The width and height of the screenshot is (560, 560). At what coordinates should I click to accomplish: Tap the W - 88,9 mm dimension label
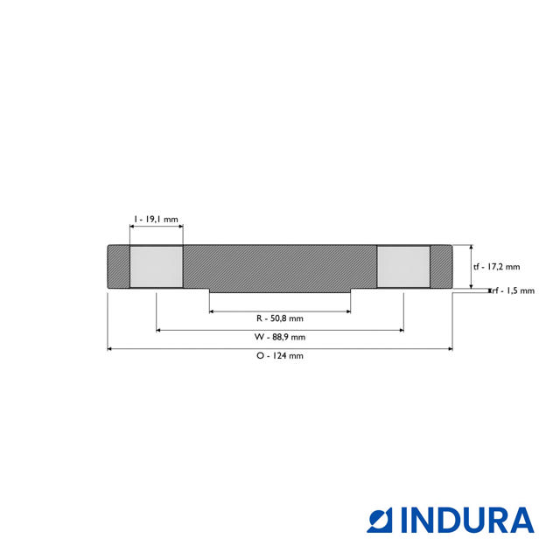point(279,337)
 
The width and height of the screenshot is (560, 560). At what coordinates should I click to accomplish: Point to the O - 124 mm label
point(279,356)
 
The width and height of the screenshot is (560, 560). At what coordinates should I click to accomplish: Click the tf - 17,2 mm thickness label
point(496,267)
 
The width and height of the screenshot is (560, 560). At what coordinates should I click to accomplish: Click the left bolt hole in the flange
point(157,267)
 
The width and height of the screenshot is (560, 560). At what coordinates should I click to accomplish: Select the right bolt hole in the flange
point(403,267)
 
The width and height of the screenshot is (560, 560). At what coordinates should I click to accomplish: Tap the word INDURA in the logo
point(467,520)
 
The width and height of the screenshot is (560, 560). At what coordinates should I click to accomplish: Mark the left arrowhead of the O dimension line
point(110,349)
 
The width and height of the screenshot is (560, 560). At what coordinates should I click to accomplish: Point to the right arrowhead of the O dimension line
point(450,349)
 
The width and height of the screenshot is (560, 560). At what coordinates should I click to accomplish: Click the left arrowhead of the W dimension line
point(159,330)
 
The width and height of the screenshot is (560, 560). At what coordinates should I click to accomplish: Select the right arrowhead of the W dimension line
point(401,330)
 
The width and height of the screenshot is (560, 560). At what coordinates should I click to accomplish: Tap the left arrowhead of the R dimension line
point(213,311)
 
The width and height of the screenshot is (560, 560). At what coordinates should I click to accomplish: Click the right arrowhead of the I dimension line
point(180,228)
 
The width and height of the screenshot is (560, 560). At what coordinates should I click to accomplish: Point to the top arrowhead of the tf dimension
point(472,248)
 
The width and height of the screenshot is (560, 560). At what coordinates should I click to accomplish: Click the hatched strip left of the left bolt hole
point(118,267)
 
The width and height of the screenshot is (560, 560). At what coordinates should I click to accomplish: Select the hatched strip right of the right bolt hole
point(441,267)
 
